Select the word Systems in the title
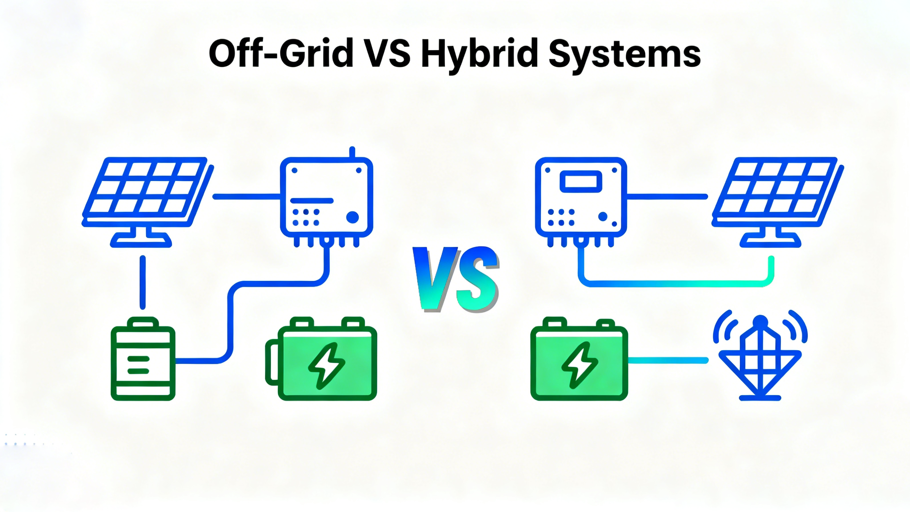pyautogui.click(x=625, y=54)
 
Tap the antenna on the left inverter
pyautogui.click(x=352, y=152)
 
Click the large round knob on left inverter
pyautogui.click(x=352, y=217)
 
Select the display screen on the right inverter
pyautogui.click(x=581, y=181)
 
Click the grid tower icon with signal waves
pyautogui.click(x=760, y=357)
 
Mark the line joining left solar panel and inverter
pyautogui.click(x=247, y=196)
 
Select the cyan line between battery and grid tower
pyautogui.click(x=668, y=360)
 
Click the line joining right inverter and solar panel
pyautogui.click(x=667, y=196)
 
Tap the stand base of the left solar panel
pyautogui.click(x=141, y=241)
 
